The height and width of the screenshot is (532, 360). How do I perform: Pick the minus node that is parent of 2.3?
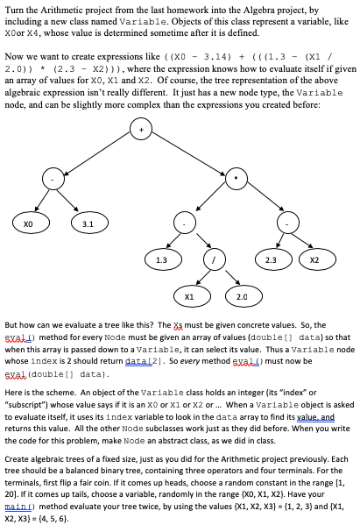click(289, 223)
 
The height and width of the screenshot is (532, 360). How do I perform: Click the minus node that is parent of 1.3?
click(183, 223)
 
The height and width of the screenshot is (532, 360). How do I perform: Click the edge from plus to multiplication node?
click(187, 153)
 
